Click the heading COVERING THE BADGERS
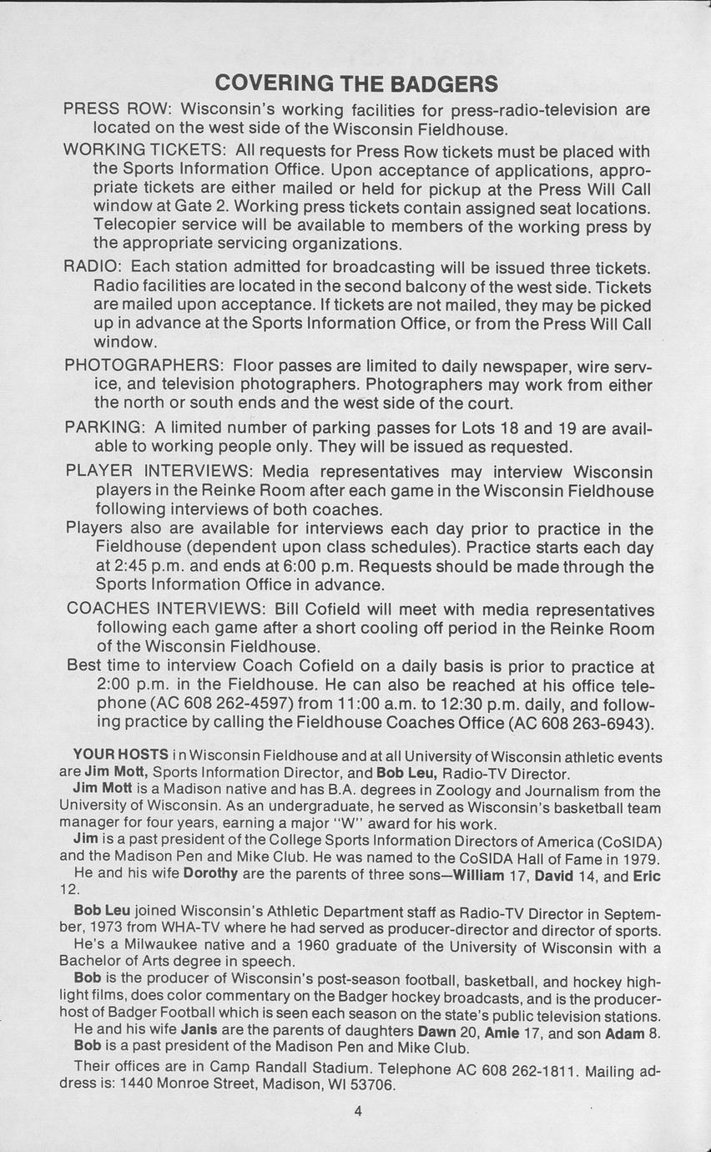click(x=356, y=83)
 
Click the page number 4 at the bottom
click(x=357, y=1110)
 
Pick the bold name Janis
click(x=201, y=1031)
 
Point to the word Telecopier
click(x=138, y=226)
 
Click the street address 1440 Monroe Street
click(x=190, y=1085)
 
